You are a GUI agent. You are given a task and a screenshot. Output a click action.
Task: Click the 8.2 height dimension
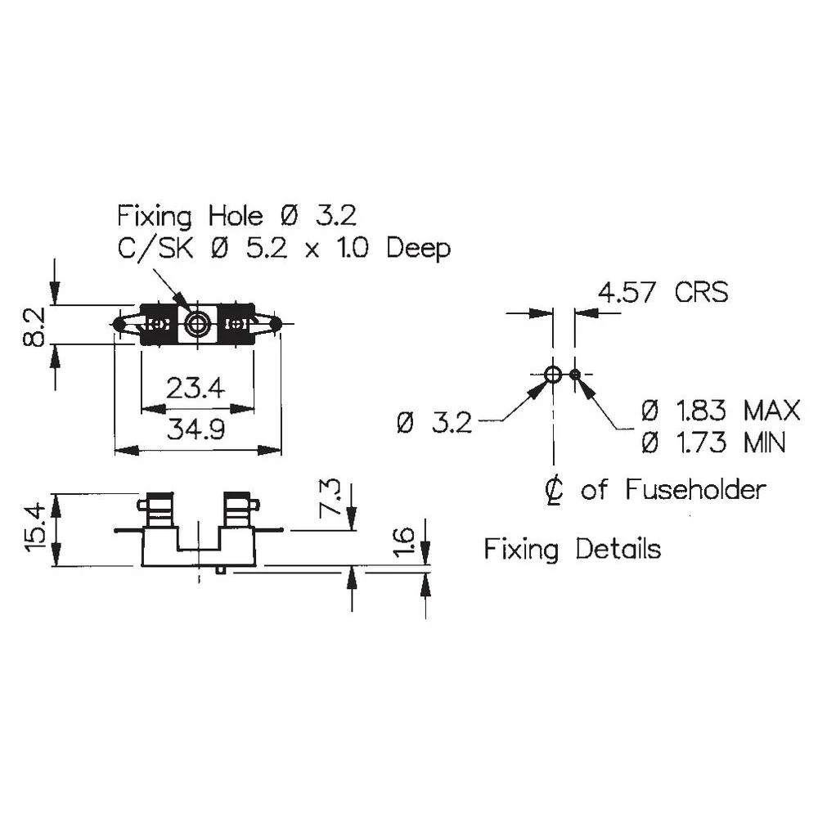click(35, 326)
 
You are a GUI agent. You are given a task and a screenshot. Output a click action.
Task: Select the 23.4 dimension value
click(196, 387)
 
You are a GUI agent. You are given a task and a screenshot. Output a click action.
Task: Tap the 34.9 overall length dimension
click(196, 429)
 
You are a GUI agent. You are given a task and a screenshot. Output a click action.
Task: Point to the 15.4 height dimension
click(35, 530)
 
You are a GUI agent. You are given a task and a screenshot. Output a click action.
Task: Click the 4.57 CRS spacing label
click(663, 292)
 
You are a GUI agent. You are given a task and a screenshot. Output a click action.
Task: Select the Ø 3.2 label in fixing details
click(434, 422)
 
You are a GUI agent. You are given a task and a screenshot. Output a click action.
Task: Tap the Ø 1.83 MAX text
click(721, 409)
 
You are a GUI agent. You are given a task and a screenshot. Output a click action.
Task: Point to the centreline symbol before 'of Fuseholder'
click(555, 490)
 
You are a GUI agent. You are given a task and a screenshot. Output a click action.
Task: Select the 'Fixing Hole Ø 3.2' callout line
click(237, 217)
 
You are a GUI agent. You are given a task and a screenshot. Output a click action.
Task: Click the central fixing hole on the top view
click(196, 325)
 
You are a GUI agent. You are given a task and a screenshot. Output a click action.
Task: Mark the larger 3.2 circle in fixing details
click(553, 375)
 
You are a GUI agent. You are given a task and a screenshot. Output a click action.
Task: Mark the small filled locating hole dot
click(576, 375)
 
